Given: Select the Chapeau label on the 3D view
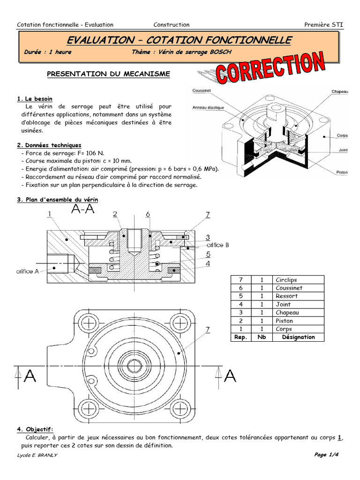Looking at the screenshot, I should [x=339, y=91].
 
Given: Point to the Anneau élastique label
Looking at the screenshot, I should [x=208, y=107].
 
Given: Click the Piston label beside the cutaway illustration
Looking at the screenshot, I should [x=342, y=172].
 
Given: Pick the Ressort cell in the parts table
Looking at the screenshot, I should [x=286, y=296].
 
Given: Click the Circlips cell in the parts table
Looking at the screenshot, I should [x=286, y=280].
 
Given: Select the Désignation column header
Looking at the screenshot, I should [x=298, y=337].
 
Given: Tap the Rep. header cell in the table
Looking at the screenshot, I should [x=240, y=337].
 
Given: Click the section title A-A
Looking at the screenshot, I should [x=83, y=210].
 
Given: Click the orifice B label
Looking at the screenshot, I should [x=216, y=244].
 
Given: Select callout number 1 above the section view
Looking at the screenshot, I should [x=49, y=214].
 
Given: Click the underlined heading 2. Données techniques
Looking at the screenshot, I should [x=49, y=145].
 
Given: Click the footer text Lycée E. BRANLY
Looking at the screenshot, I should [x=37, y=456].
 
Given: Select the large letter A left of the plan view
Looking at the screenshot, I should [x=30, y=376].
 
